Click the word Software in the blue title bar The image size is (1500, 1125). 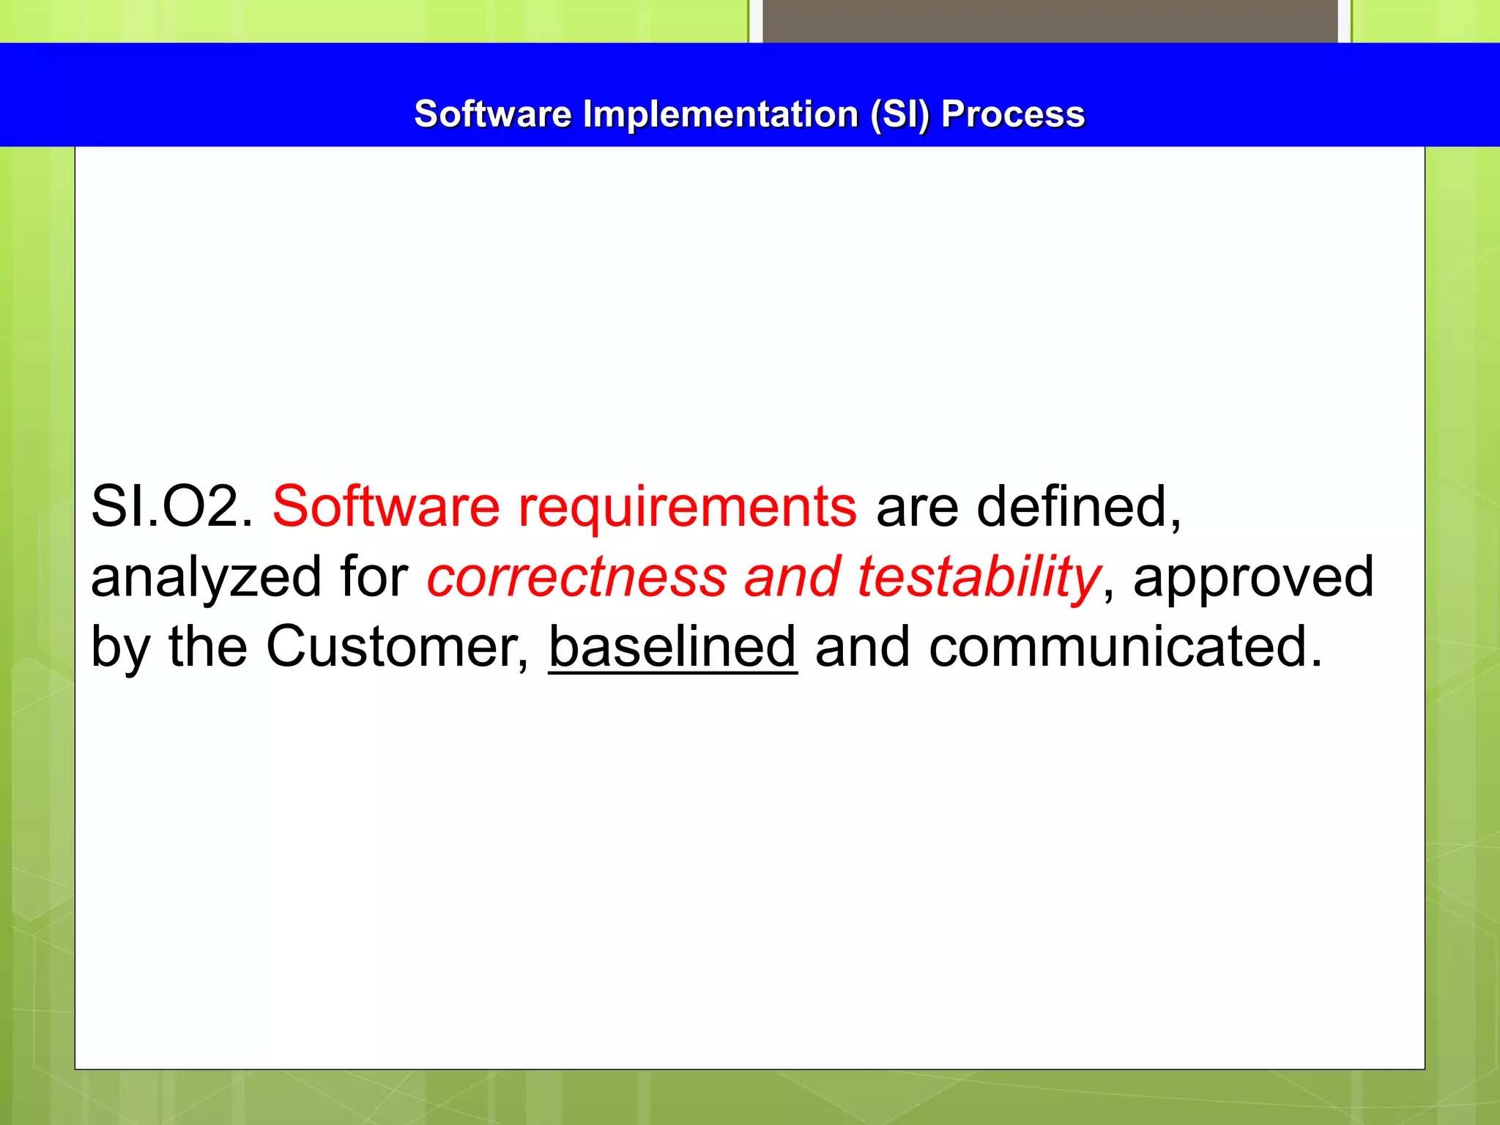[x=492, y=114]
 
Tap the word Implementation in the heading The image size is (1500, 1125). [x=721, y=114]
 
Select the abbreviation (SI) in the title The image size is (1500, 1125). [x=899, y=114]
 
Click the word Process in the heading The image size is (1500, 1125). [x=1012, y=114]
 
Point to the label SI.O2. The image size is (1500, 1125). [x=171, y=507]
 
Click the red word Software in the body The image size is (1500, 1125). [x=386, y=507]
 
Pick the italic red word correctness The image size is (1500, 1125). [x=576, y=577]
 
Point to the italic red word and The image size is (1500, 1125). [x=792, y=577]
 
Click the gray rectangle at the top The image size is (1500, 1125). [x=1050, y=21]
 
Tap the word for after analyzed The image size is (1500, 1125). [x=374, y=577]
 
